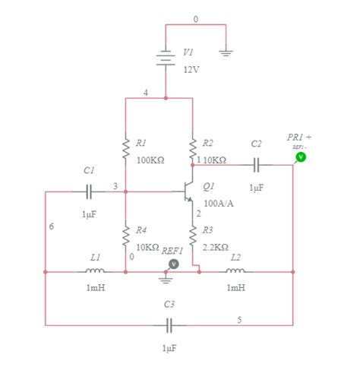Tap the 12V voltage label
[x=191, y=69]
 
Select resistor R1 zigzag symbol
[x=126, y=147]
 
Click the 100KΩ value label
[x=150, y=161]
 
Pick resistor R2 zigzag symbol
[x=193, y=148]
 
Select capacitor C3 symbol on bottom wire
[x=169, y=325]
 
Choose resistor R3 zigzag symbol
[x=193, y=238]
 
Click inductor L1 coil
[x=95, y=271]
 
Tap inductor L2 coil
[x=235, y=271]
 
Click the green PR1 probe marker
[x=300, y=157]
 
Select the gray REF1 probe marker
[x=174, y=263]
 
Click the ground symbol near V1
[x=226, y=51]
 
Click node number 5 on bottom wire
[x=239, y=319]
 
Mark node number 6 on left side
[x=51, y=226]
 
